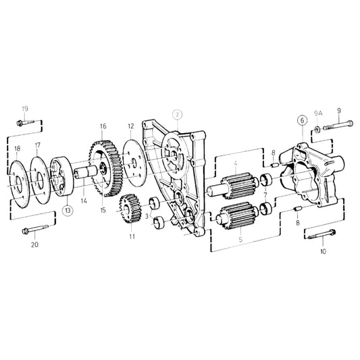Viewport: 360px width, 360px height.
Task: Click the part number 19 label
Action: coord(25,109)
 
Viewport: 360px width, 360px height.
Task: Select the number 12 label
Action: coord(130,126)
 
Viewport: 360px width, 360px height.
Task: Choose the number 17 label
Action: coord(38,145)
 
